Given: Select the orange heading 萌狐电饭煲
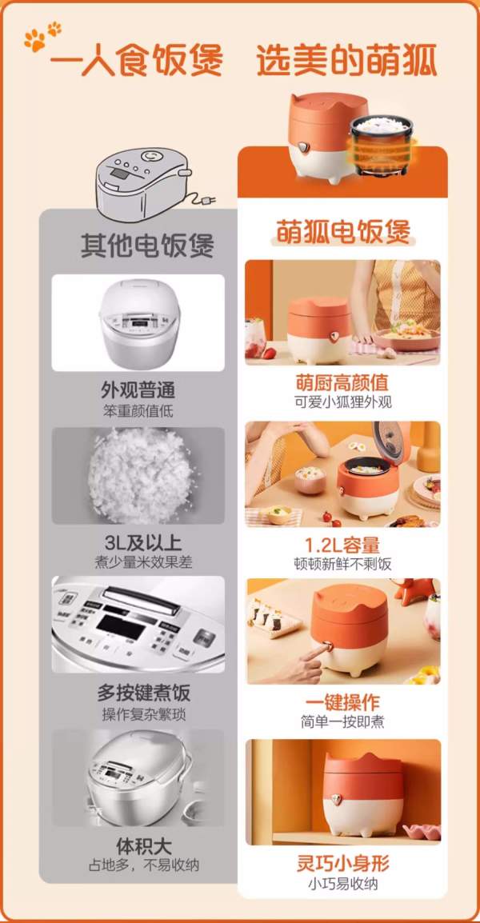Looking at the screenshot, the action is coord(343,230).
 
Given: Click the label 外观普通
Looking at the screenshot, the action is coord(138,390).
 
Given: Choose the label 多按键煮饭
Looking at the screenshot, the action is coord(144,693).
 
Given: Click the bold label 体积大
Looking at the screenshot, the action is coord(144,846).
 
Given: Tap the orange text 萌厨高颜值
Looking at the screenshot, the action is coord(342,383).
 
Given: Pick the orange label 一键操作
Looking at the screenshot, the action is coord(342,701).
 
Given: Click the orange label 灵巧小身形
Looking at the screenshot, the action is coord(342,864).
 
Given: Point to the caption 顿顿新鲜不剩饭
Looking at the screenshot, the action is coord(342,564).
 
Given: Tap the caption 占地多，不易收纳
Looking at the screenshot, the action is coord(144,865).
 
